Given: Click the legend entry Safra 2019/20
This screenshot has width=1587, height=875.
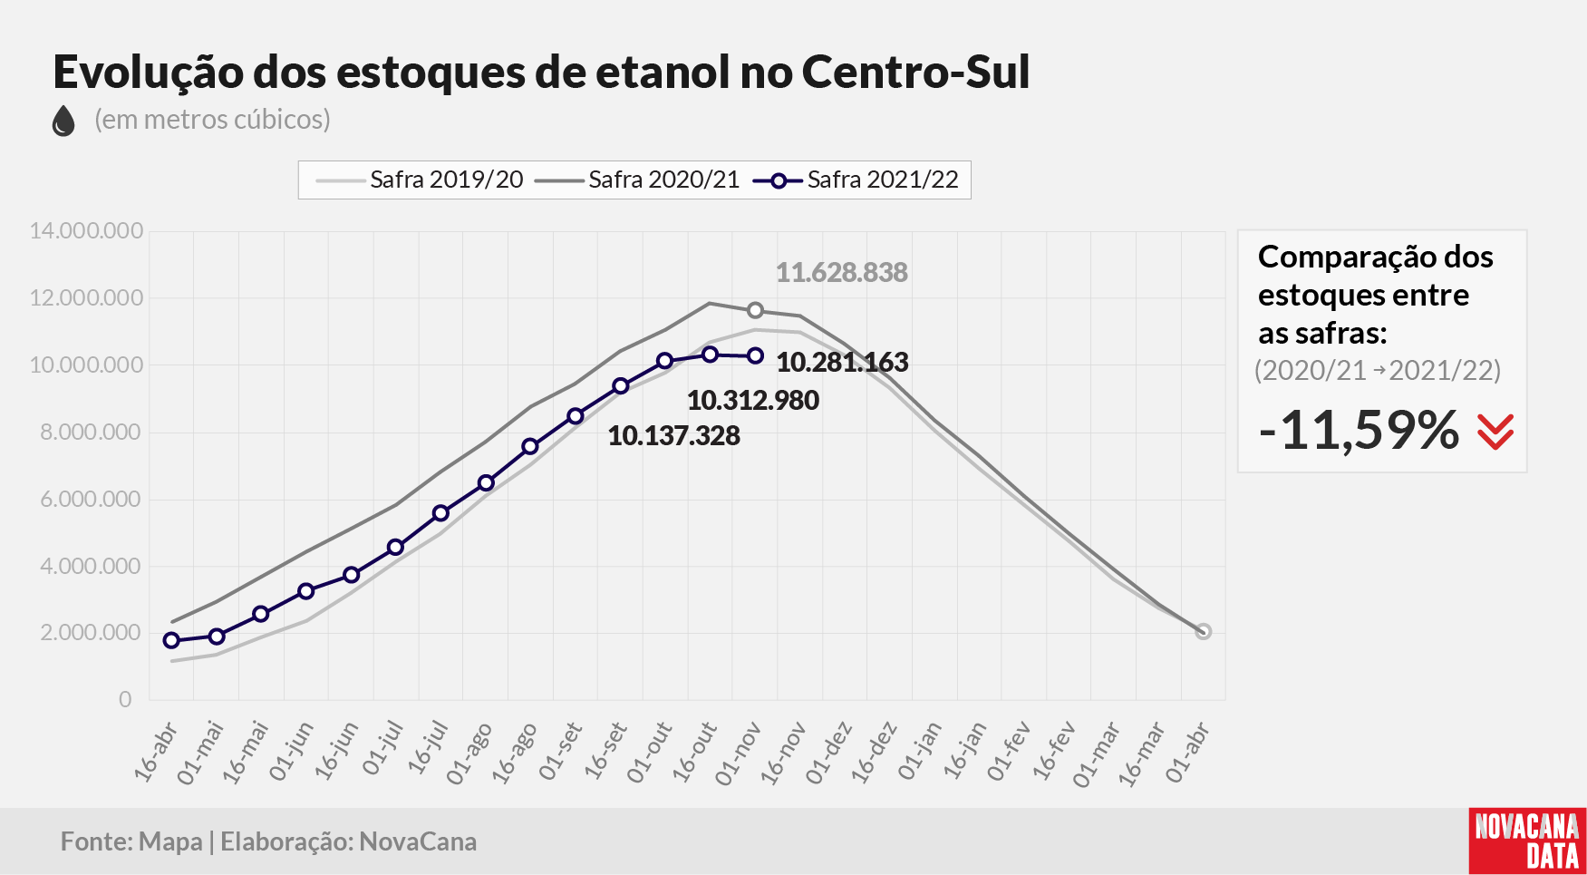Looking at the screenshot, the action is click(420, 180).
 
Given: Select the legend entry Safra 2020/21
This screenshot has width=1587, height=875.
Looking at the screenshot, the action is click(637, 180).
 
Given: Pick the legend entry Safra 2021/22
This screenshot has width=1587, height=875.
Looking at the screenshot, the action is click(856, 180).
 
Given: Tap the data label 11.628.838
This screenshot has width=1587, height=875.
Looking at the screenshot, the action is click(841, 273).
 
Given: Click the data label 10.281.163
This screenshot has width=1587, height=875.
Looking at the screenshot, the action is click(842, 363).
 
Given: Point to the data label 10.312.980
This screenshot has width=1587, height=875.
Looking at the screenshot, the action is click(752, 401).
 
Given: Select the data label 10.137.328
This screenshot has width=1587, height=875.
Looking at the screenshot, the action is click(673, 436).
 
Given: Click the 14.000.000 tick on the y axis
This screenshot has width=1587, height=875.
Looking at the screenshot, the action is click(86, 230).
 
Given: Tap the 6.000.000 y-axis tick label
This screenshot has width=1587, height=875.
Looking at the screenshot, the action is click(92, 499).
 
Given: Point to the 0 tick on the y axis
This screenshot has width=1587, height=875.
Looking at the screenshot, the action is click(125, 699).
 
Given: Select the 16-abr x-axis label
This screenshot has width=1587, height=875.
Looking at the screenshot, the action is click(156, 752).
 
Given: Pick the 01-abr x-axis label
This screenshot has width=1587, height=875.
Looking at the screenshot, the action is click(1187, 752).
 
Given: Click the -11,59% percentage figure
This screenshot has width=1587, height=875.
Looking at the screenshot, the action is click(1359, 430).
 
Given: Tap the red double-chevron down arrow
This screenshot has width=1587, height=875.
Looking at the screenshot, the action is click(1495, 432).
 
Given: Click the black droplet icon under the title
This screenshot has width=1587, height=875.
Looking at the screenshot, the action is click(63, 121).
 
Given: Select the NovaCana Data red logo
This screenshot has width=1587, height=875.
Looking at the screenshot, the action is click(1527, 841).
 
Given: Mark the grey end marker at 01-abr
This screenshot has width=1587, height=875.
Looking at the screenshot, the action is click(1203, 631).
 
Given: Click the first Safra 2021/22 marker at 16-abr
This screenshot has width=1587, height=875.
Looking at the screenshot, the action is click(171, 640).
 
